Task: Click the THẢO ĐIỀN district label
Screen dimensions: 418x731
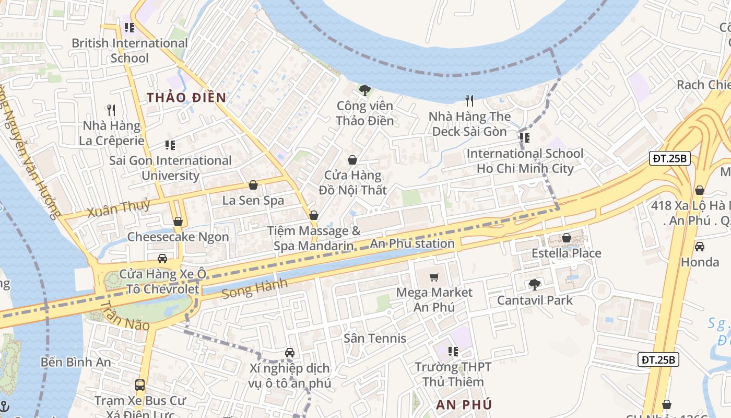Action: pos(186,98)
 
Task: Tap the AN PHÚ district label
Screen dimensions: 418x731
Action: pos(464,404)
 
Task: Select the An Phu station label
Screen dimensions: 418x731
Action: pos(412,243)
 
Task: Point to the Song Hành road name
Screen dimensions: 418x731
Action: pos(254,289)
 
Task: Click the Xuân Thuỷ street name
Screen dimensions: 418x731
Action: pos(119,208)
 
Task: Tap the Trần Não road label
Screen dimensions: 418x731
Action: pos(124,317)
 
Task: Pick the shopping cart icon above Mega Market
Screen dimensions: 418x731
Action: pos(434,277)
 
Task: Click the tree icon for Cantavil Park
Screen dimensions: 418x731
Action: pos(534,285)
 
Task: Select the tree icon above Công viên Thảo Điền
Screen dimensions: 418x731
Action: pos(365,90)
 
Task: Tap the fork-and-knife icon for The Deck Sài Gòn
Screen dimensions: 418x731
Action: pos(469,100)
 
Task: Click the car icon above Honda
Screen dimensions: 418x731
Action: pos(699,247)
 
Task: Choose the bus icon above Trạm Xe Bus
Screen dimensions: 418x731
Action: pos(139,385)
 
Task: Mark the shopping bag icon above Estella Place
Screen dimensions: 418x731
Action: pos(566,238)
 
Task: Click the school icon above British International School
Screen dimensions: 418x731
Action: pos(129,28)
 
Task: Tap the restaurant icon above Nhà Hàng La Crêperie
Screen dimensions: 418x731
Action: pos(111,110)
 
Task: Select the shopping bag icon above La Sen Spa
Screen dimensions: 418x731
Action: pos(253,185)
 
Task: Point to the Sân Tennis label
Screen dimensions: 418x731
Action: pos(374,339)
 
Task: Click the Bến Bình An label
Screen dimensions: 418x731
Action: pos(76,362)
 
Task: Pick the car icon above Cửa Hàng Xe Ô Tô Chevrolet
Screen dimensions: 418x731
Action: pos(162,259)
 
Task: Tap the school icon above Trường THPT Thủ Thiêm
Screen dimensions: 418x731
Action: pos(453,352)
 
